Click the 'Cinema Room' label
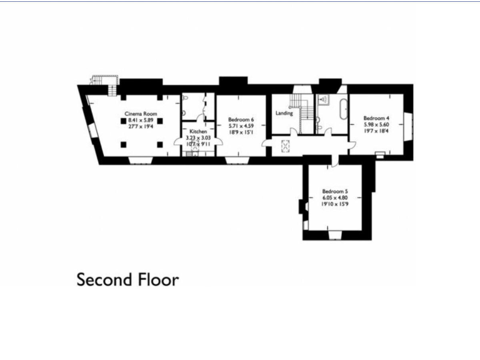(x=141, y=114)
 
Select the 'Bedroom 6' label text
(x=241, y=119)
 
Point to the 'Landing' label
(x=284, y=114)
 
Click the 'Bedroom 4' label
(x=376, y=117)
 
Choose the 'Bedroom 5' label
(x=334, y=191)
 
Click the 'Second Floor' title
(x=127, y=279)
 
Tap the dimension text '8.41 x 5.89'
(x=141, y=120)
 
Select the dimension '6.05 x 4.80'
(x=334, y=197)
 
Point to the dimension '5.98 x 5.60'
(x=376, y=124)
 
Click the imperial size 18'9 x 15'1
(x=241, y=132)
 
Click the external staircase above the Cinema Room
(x=100, y=81)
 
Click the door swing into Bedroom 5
(x=336, y=161)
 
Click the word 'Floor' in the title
(x=156, y=279)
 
